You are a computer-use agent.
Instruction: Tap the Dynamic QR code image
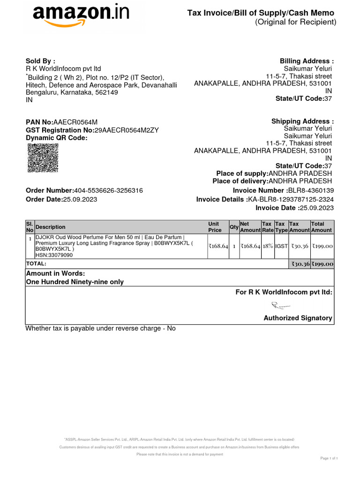[x=43, y=158]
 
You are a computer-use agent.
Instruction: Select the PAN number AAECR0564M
[x=75, y=122]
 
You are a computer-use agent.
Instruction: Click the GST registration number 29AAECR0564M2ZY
[x=127, y=130]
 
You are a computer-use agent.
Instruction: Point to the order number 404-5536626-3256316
[x=108, y=190]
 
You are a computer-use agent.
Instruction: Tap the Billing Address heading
[x=307, y=61]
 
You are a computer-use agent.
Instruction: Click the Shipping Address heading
[x=302, y=121]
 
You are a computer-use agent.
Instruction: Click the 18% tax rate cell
[x=268, y=246]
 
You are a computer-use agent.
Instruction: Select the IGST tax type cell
[x=281, y=246]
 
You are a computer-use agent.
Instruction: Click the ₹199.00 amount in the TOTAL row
[x=322, y=264]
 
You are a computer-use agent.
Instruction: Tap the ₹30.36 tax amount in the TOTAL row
[x=300, y=264]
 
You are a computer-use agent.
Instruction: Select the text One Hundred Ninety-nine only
[x=75, y=282]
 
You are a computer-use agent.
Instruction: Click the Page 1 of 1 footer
[x=329, y=457]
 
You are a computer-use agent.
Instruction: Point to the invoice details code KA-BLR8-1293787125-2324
[x=291, y=199]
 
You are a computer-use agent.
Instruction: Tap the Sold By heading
[x=40, y=61]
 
